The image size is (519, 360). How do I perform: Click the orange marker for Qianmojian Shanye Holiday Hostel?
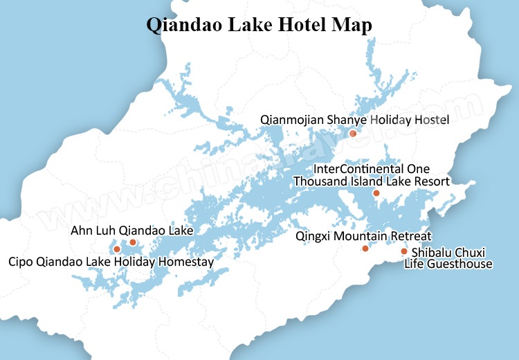pos(353,134)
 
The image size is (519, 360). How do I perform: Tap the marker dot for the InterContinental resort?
pos(376,193)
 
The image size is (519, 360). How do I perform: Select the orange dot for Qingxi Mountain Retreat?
pos(365,249)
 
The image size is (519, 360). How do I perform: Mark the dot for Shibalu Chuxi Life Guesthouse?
pos(404,251)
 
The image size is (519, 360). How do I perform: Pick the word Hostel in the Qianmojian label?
pos(431,120)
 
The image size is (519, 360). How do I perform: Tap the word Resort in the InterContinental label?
pos(432,181)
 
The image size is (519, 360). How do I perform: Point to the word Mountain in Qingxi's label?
pos(365,235)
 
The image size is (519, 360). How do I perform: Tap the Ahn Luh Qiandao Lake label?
pos(131,230)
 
